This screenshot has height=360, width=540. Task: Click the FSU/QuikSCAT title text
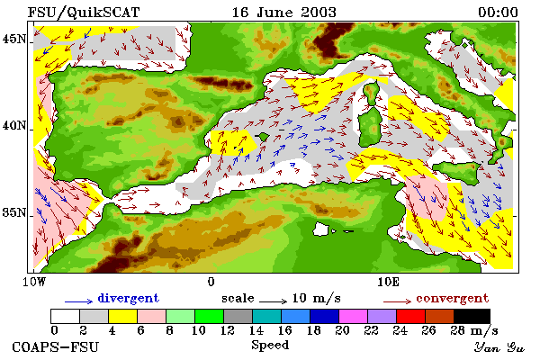click(84, 13)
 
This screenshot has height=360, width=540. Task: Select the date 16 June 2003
click(284, 13)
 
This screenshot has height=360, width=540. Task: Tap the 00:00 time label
click(498, 13)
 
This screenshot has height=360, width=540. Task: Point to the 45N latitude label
click(14, 40)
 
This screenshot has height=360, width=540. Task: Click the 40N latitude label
click(14, 125)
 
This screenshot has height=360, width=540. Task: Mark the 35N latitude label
click(14, 212)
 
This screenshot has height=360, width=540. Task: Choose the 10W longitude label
click(34, 282)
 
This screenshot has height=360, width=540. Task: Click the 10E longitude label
click(389, 282)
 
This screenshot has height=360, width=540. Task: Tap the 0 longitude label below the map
click(211, 282)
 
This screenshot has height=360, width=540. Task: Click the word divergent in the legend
click(129, 298)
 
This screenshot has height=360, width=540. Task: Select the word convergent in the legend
click(453, 298)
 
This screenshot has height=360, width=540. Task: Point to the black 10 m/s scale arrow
click(273, 301)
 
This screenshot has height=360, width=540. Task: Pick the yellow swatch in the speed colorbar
click(122, 316)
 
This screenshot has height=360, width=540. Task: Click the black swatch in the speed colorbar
click(472, 316)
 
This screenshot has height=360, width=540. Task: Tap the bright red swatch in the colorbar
click(410, 316)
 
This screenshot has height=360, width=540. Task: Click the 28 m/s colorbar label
click(474, 331)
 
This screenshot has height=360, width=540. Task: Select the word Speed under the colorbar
click(270, 346)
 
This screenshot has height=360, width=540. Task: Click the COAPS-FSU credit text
click(56, 346)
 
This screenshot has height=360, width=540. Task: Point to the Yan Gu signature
click(499, 347)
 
